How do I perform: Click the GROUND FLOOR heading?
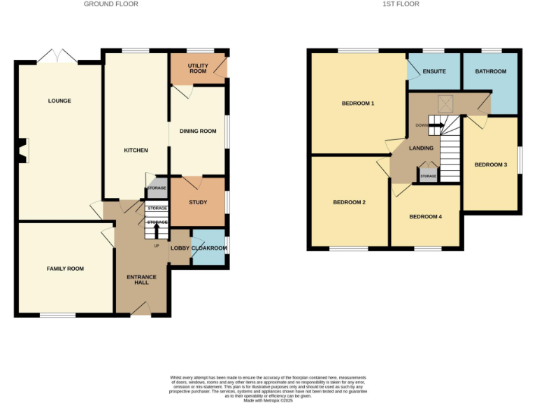pyautogui.click(x=110, y=4)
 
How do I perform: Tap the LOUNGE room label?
pyautogui.click(x=59, y=101)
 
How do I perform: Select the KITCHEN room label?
pyautogui.click(x=136, y=150)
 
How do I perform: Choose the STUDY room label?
pyautogui.click(x=198, y=203)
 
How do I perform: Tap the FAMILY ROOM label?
pyautogui.click(x=65, y=269)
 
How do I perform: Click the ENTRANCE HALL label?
pyautogui.click(x=141, y=280)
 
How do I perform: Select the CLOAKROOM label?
pyautogui.click(x=209, y=248)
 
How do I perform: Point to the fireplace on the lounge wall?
pyautogui.click(x=24, y=150)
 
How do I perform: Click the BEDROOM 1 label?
pyautogui.click(x=358, y=104)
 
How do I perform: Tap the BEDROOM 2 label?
pyautogui.click(x=350, y=203)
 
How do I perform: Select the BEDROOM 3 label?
pyautogui.click(x=491, y=165)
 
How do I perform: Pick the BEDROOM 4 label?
pyautogui.click(x=425, y=217)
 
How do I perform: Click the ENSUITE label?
pyautogui.click(x=434, y=71)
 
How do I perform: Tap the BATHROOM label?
pyautogui.click(x=491, y=71)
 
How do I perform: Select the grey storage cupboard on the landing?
pyautogui.click(x=428, y=175)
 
